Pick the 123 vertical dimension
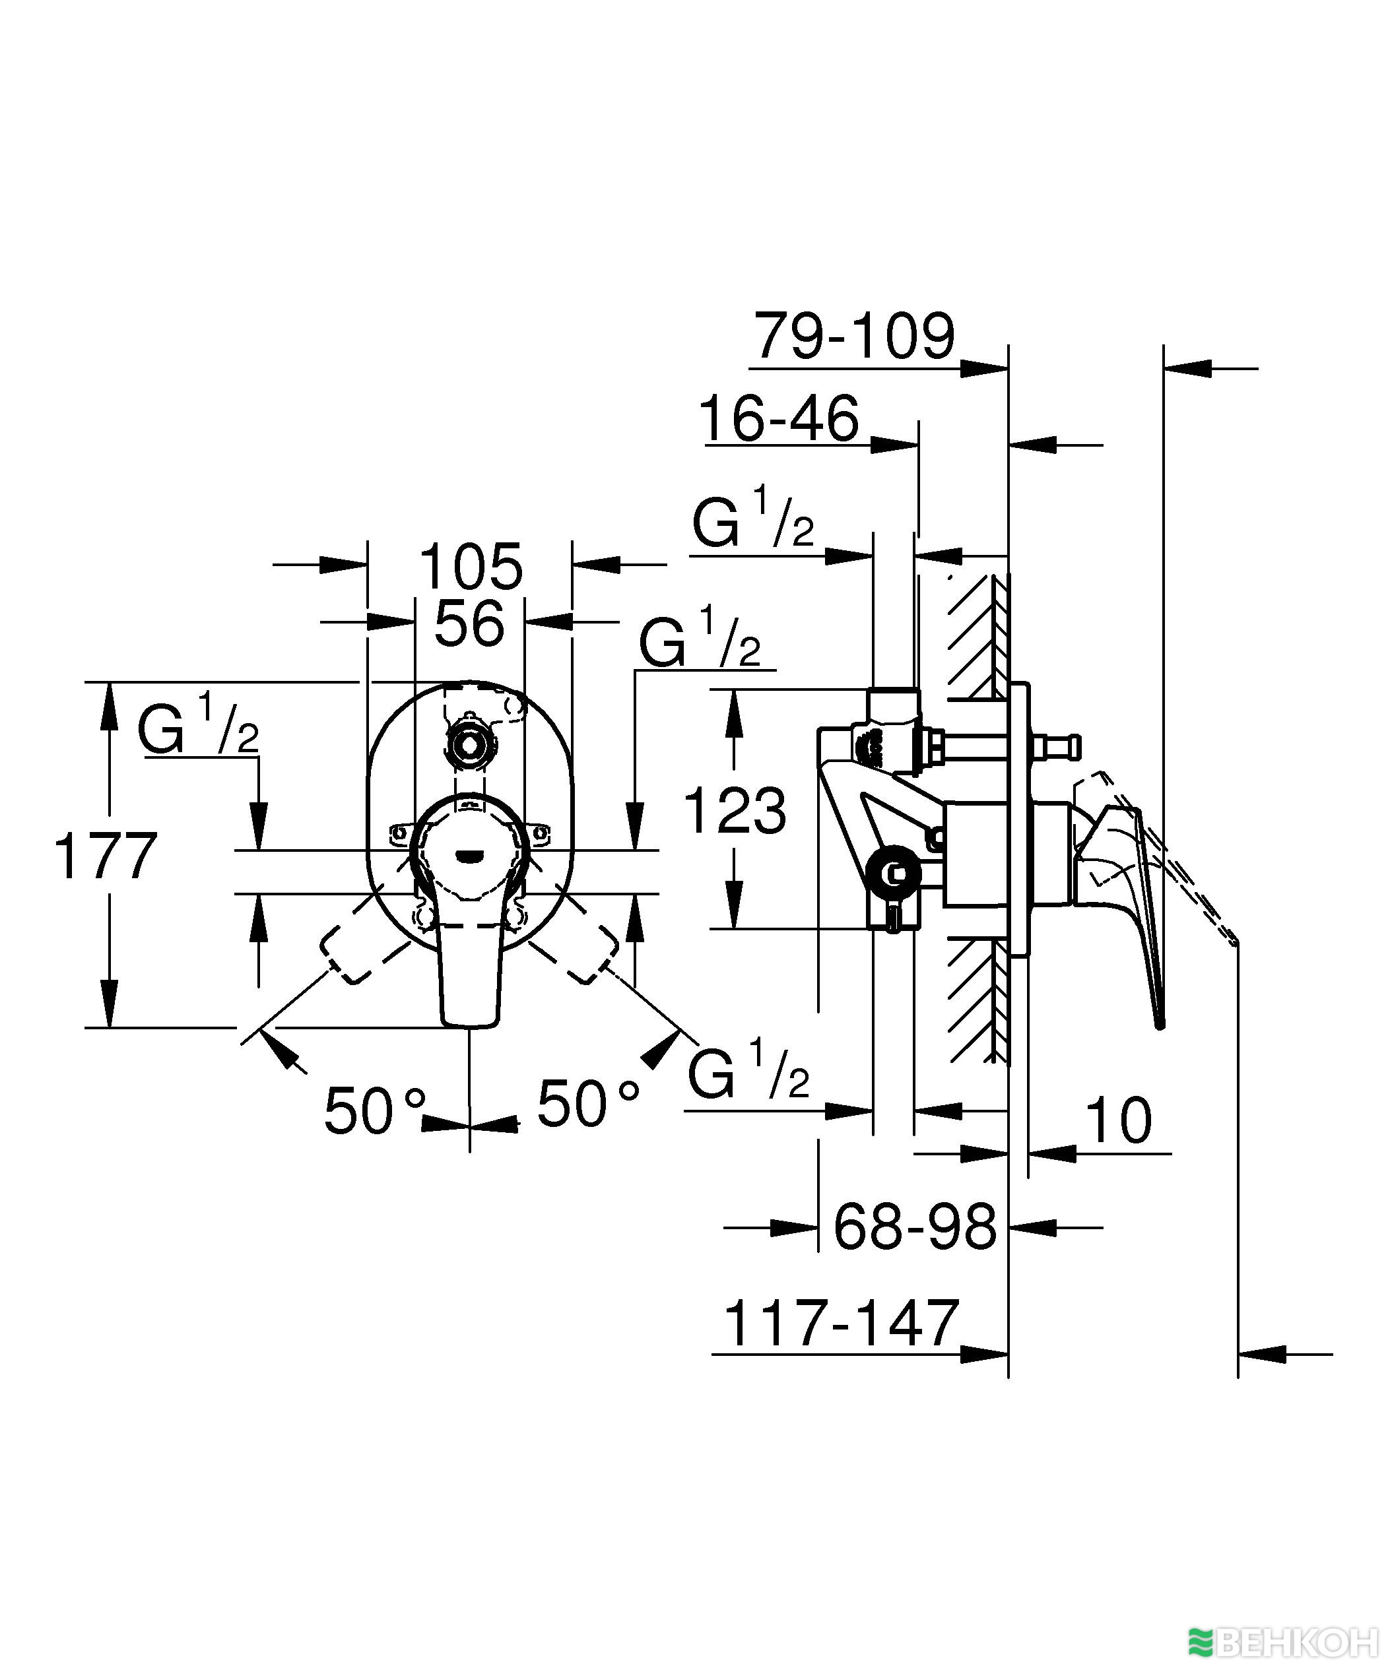pos(734,811)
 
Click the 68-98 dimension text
pos(914,1227)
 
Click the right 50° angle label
pos(587,1105)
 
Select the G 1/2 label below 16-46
pos(752,521)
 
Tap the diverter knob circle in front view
pos(470,745)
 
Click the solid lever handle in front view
pos(471,972)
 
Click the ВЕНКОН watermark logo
pos(1285,1643)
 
